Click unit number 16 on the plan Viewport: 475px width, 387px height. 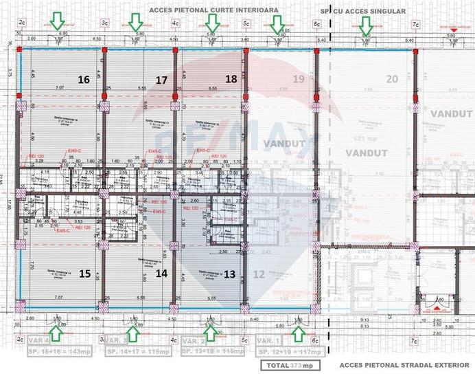[84, 80]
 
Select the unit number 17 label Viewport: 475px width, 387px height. [161, 80]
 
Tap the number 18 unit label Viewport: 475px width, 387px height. [231, 80]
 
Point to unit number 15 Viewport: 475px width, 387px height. [84, 274]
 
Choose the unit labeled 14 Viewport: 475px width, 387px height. [161, 274]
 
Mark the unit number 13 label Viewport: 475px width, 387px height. [230, 274]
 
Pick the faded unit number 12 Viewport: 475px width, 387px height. [259, 274]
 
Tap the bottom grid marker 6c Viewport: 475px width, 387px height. [317, 340]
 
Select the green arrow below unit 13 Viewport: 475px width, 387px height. [211, 333]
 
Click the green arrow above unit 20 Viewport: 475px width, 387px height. [366, 25]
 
